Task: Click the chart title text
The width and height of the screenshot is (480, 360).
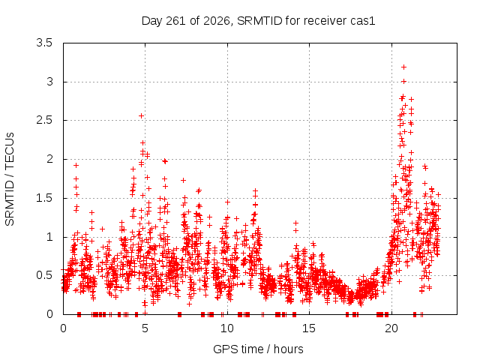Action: (x=258, y=21)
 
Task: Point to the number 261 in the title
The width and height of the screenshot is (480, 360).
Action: (x=175, y=21)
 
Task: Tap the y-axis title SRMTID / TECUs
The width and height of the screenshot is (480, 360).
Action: (x=10, y=179)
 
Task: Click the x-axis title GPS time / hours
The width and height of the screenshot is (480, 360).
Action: (x=258, y=349)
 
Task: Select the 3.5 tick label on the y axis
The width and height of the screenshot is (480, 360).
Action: (x=44, y=43)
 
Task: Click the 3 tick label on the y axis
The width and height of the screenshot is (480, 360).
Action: (x=49, y=82)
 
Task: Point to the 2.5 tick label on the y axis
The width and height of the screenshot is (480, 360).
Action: (x=44, y=120)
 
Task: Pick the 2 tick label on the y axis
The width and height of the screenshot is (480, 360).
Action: (x=49, y=159)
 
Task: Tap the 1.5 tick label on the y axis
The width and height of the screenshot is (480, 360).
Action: (x=44, y=198)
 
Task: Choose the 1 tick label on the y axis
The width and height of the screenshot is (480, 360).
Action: (x=49, y=237)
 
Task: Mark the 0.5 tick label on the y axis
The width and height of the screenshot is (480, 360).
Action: (x=44, y=275)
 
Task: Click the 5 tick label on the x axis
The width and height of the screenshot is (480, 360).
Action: (x=145, y=328)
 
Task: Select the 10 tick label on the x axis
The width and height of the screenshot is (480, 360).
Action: (x=227, y=328)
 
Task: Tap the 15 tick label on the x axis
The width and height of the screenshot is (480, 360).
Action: (x=309, y=328)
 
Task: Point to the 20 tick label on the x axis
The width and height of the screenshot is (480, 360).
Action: (x=391, y=328)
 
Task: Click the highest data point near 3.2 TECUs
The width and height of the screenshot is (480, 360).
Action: (x=403, y=67)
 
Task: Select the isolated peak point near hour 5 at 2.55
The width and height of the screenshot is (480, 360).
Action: (x=141, y=115)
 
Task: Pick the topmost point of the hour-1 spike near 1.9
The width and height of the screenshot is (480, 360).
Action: (x=76, y=165)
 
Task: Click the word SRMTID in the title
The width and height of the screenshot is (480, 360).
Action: (x=259, y=21)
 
